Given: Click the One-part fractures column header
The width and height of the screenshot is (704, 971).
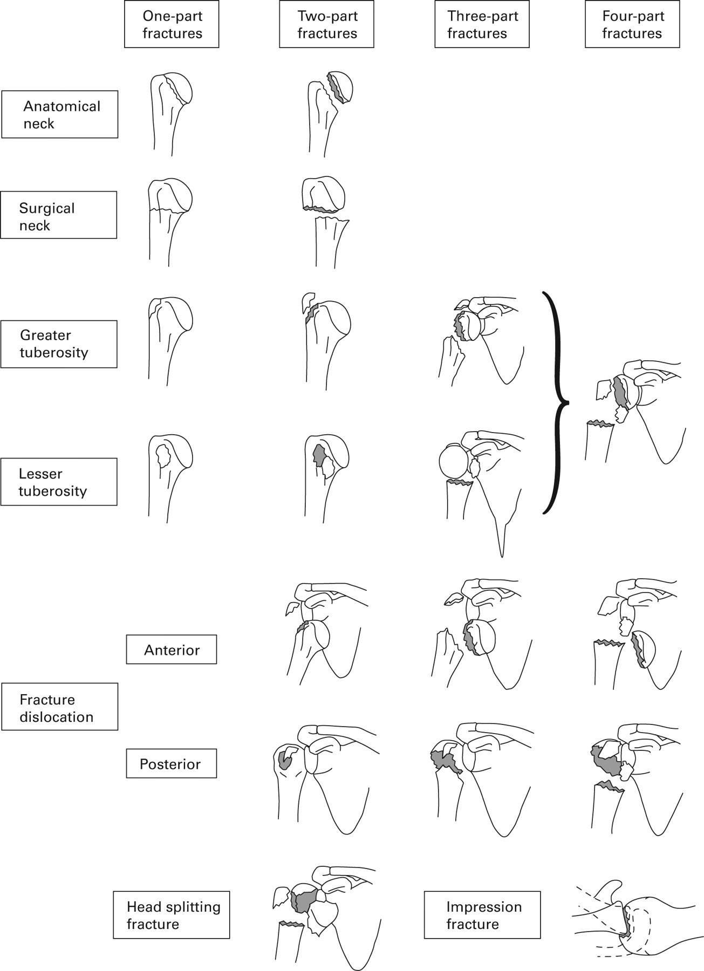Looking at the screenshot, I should click(172, 25).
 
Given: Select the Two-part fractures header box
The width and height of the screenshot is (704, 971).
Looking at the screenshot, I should click(326, 25).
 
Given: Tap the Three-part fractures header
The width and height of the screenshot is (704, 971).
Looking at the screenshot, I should click(482, 25).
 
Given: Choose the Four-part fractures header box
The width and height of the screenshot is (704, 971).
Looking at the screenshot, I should click(632, 25).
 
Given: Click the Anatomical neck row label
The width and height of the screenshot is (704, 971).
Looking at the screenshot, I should click(60, 114).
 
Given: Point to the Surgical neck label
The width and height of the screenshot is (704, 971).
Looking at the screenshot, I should click(59, 215).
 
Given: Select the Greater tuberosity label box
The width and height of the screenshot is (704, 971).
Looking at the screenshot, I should click(59, 344).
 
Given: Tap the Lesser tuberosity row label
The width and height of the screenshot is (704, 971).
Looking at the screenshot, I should click(59, 482).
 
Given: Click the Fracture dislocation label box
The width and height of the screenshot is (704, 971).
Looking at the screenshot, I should click(60, 707).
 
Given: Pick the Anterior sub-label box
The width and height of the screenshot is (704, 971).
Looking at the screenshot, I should click(172, 649).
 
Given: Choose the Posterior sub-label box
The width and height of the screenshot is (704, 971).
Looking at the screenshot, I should click(172, 763).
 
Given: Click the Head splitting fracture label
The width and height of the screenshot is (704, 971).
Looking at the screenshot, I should click(172, 915).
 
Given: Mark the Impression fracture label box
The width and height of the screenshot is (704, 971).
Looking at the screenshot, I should click(482, 915).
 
